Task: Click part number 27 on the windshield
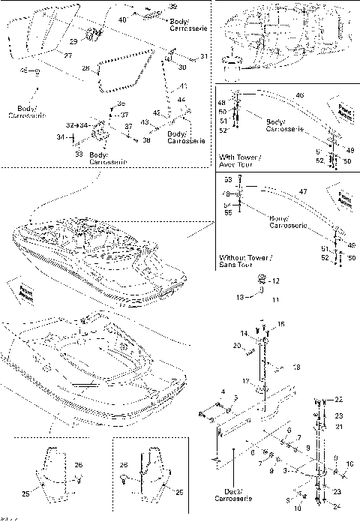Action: [x=67, y=56]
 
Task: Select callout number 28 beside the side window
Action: [x=85, y=68]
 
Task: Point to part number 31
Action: [x=204, y=56]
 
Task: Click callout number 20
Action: [x=236, y=345]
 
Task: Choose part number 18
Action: [x=297, y=367]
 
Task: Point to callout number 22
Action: [x=338, y=400]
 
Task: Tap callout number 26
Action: [x=79, y=466]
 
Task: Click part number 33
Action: [x=79, y=153]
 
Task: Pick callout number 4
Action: [x=222, y=392]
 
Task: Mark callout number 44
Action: [x=181, y=100]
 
